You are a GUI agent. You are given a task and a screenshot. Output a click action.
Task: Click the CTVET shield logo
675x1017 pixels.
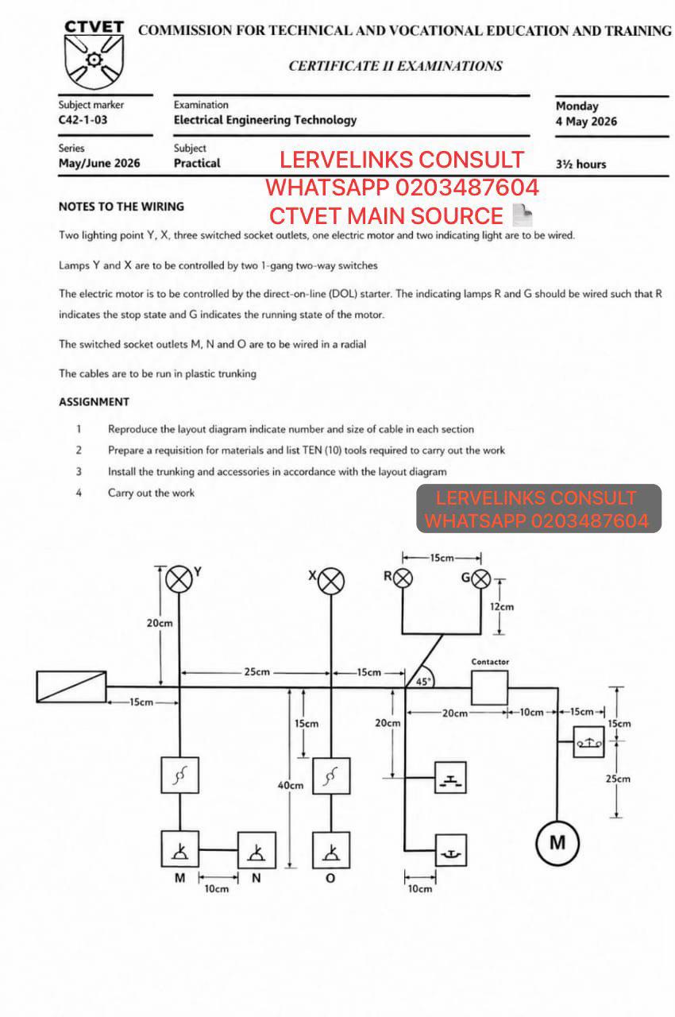pos(94,61)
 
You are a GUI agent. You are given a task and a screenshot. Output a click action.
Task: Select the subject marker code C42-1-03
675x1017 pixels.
pos(83,120)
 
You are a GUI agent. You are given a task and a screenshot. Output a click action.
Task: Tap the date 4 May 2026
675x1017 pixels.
pos(587,122)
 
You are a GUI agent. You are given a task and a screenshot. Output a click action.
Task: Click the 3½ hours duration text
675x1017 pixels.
pos(581,164)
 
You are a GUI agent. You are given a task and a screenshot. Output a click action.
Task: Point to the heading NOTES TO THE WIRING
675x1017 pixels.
pos(121,207)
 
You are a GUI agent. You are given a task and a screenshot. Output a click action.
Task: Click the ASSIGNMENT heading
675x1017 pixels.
pos(94,402)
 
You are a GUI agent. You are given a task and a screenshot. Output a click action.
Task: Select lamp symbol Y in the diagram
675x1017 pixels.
pos(179,579)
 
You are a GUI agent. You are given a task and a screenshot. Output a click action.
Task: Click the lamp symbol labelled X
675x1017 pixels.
pos(331,581)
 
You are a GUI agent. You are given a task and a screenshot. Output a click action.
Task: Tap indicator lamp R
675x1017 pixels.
pos(403,578)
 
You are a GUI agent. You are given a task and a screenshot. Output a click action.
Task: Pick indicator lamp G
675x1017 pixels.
pos(481,579)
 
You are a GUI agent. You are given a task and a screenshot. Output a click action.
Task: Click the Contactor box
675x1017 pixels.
pos(489,688)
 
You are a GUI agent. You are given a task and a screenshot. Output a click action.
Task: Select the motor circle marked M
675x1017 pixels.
pos(557,843)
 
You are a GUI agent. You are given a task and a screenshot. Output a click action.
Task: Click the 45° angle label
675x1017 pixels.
pos(423,682)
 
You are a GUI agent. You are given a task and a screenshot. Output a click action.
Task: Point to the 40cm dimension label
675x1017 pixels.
pos(291,785)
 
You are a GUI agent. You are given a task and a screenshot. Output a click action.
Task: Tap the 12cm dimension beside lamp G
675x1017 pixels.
pos(502,606)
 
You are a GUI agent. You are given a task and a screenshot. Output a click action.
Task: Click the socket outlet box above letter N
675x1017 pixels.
pos(256,850)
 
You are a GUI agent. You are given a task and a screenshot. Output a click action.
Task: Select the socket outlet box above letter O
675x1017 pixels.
pos(331,850)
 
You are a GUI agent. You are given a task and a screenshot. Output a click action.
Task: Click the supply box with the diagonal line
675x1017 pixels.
pos(71,686)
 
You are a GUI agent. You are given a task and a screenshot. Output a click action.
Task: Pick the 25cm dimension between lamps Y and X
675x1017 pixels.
pos(256,671)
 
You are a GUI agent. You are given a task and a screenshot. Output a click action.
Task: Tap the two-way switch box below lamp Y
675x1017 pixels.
pos(180,775)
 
